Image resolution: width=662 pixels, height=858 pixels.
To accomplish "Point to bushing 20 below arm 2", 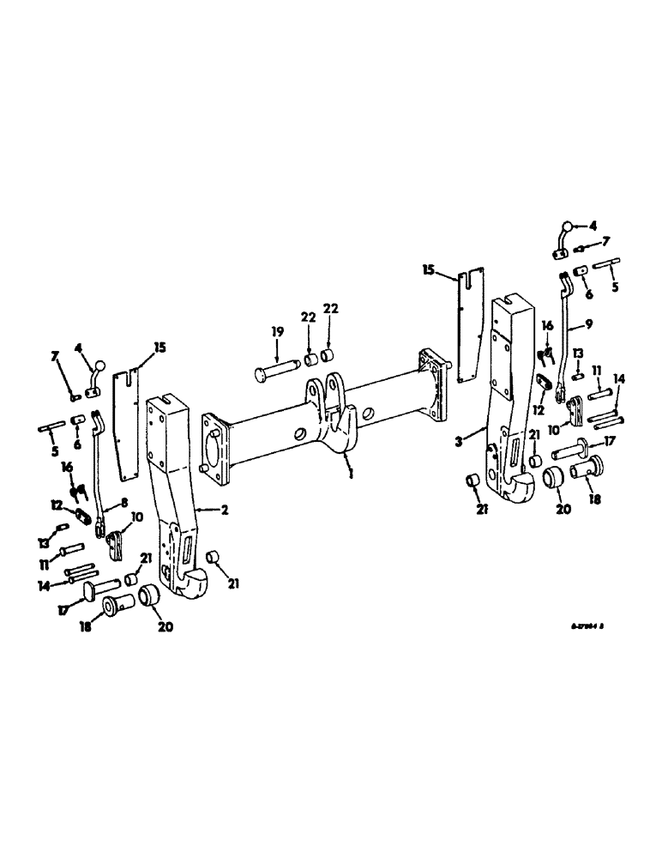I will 151,595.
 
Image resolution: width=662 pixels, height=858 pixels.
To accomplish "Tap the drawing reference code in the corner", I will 589,627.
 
